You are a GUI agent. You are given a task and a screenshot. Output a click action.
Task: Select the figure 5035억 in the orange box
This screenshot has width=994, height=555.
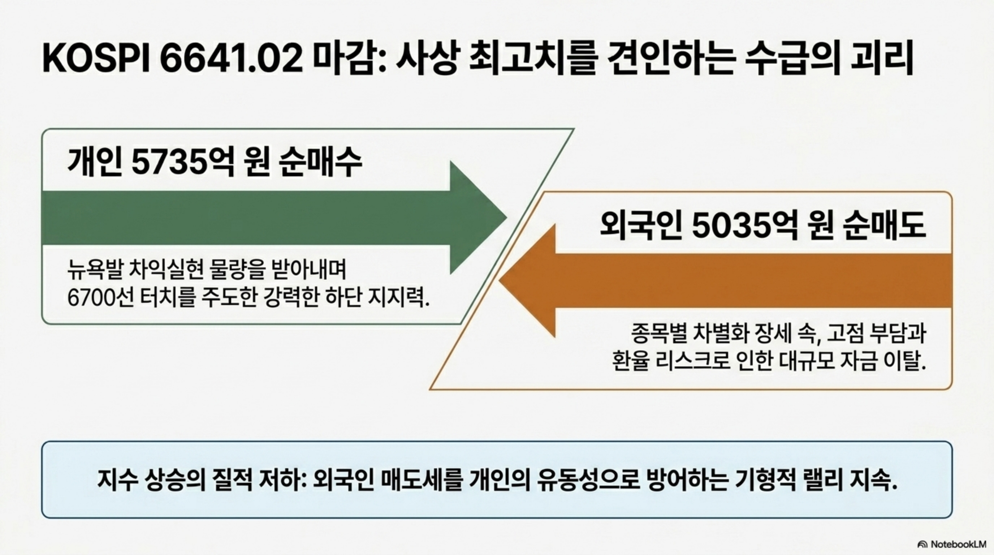click(744, 226)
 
